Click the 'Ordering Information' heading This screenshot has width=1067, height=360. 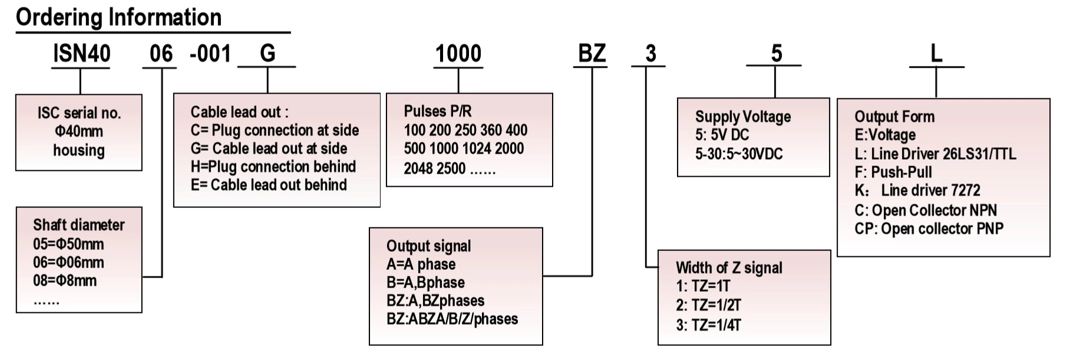pyautogui.click(x=118, y=17)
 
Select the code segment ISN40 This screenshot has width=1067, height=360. pyautogui.click(x=81, y=54)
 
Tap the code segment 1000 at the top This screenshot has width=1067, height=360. pyautogui.click(x=458, y=54)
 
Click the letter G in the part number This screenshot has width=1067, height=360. pyautogui.click(x=267, y=54)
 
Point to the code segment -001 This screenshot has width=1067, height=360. pyautogui.click(x=210, y=54)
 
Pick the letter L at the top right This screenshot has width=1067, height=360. pyautogui.click(x=936, y=54)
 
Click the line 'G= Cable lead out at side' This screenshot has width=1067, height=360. pyautogui.click(x=269, y=148)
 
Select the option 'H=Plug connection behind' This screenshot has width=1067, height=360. pyautogui.click(x=273, y=167)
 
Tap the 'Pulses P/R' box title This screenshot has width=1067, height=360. pyautogui.click(x=437, y=111)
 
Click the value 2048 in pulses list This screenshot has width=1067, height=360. pyautogui.click(x=419, y=169)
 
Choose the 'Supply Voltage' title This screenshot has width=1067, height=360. pyautogui.click(x=742, y=117)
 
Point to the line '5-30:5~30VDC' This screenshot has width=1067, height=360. pyautogui.click(x=739, y=154)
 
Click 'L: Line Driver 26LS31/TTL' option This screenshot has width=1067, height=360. pyautogui.click(x=935, y=154)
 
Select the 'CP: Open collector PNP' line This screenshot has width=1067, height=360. pyautogui.click(x=929, y=229)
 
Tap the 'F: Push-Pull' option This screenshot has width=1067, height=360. pyautogui.click(x=893, y=173)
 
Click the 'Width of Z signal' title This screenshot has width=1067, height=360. pyautogui.click(x=729, y=268)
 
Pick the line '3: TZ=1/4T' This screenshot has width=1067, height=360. pyautogui.click(x=708, y=325)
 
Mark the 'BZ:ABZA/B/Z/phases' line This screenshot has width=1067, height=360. pyautogui.click(x=452, y=319)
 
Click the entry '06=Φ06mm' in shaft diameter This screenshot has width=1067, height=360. pyautogui.click(x=68, y=263)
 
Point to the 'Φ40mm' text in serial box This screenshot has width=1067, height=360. pyautogui.click(x=79, y=131)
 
